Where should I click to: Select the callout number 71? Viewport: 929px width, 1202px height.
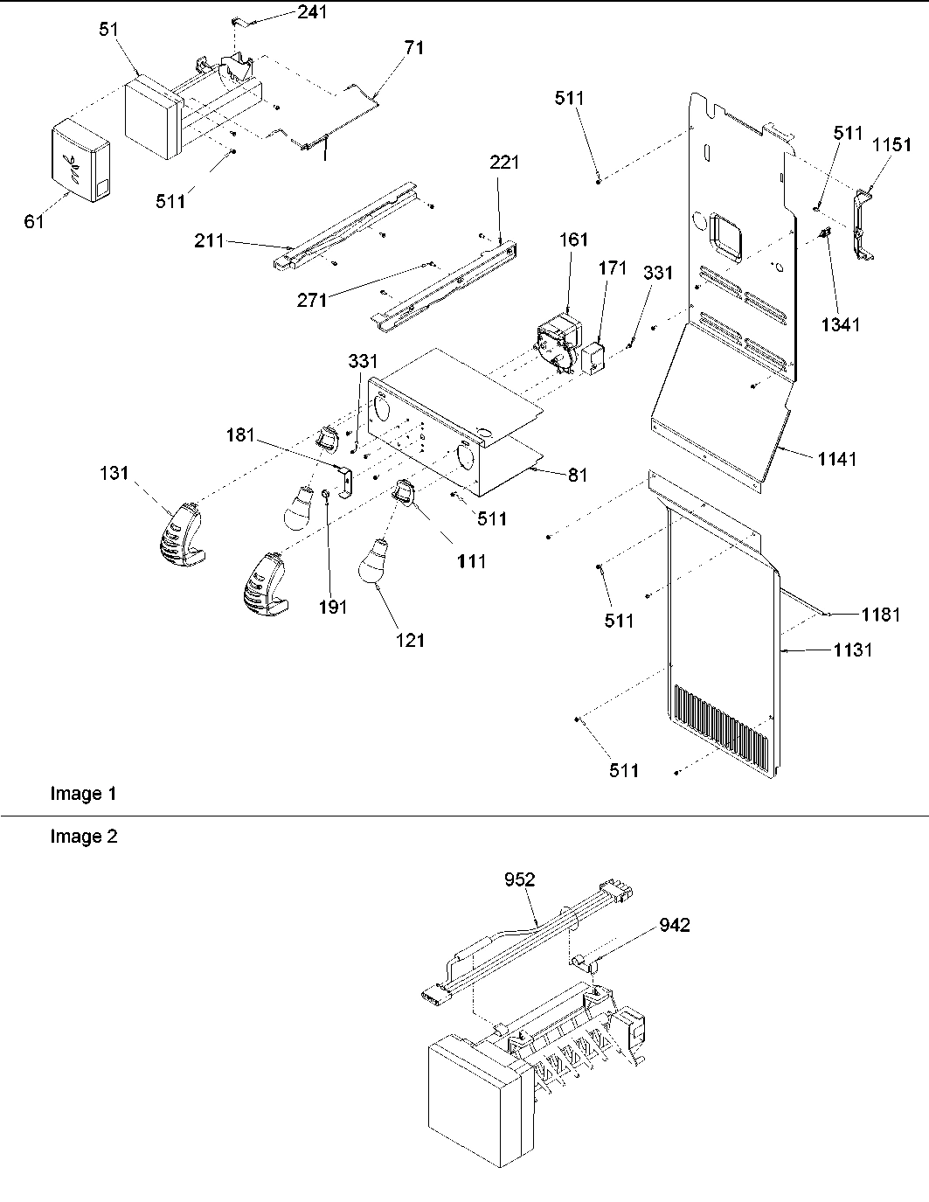(413, 48)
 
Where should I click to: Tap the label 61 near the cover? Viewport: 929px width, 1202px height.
(34, 222)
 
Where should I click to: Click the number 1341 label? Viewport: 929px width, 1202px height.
(840, 324)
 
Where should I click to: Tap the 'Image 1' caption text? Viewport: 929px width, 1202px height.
(83, 794)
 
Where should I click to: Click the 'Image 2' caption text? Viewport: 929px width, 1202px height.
(83, 837)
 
